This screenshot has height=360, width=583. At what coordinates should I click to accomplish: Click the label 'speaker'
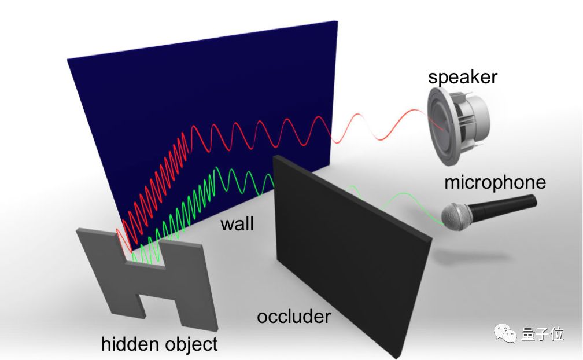tap(462, 77)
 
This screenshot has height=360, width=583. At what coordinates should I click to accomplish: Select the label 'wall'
tap(237, 223)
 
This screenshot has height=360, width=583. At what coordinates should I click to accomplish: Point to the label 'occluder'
tap(294, 317)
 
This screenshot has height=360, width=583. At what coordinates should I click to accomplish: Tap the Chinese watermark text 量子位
tap(541, 334)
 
